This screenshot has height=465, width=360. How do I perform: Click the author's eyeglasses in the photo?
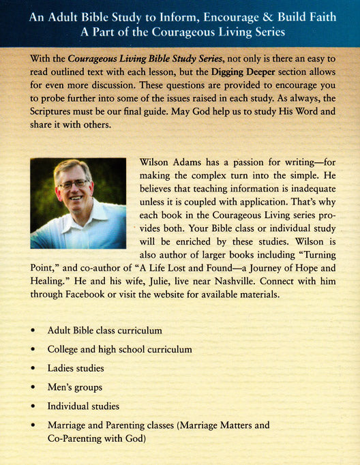pyautogui.click(x=73, y=185)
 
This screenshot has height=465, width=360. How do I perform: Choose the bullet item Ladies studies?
pyautogui.click(x=76, y=368)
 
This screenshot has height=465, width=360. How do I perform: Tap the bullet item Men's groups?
pyautogui.click(x=76, y=387)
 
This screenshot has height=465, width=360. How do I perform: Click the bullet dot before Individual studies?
pyautogui.click(x=33, y=407)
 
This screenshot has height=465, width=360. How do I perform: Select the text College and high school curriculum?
pyautogui.click(x=119, y=349)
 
